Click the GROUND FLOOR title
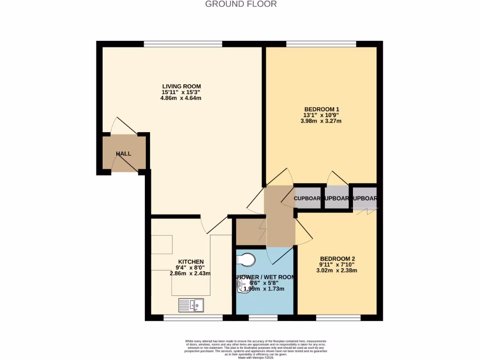241,4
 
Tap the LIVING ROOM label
181,86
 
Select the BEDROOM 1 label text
321,110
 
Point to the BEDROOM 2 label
337,259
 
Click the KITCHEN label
191,262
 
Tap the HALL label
124,154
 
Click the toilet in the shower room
246,259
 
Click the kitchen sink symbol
191,306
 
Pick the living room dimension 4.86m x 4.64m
181,98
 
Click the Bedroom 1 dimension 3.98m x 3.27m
321,121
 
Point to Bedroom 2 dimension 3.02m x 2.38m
337,270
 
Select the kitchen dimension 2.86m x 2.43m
191,273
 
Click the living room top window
183,44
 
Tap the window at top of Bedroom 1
321,44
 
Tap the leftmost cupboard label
307,198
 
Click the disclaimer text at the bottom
256,349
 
